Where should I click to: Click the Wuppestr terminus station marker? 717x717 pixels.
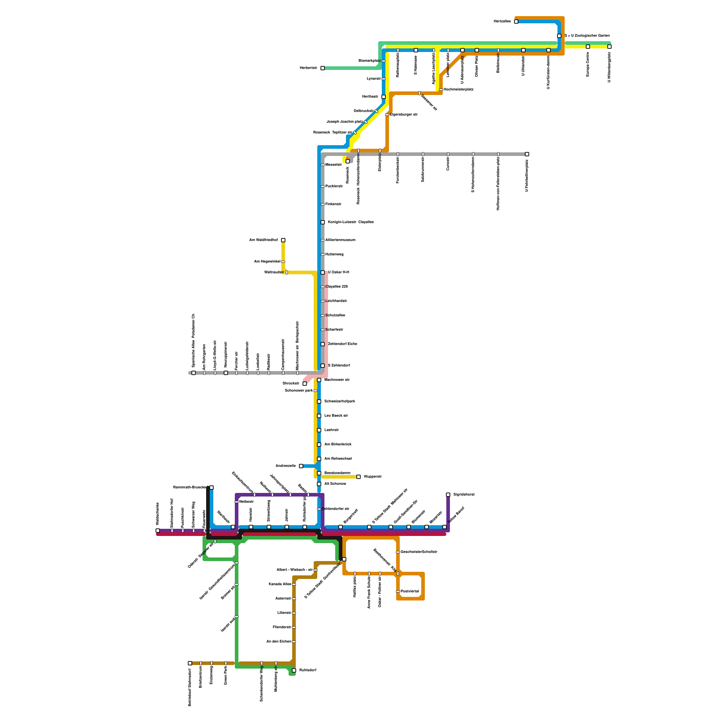click(358, 477)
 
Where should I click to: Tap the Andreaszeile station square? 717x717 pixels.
click(301, 466)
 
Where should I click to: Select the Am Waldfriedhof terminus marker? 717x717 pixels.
click(283, 240)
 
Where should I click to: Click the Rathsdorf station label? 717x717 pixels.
click(308, 670)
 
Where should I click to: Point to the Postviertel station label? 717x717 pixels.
click(410, 592)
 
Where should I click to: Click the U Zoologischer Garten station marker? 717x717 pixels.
click(559, 36)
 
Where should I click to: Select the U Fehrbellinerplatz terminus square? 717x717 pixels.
click(527, 154)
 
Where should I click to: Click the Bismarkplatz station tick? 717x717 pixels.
click(384, 61)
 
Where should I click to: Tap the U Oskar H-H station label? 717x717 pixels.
click(338, 272)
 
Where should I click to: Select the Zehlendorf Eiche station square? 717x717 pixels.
click(323, 344)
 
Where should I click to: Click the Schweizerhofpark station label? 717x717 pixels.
click(339, 402)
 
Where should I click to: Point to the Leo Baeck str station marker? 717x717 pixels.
click(319, 416)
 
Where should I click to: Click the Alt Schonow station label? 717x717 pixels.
click(335, 484)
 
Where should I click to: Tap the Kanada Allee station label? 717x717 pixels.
click(280, 584)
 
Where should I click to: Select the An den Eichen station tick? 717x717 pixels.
click(294, 642)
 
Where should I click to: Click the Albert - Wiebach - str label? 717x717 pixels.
click(294, 570)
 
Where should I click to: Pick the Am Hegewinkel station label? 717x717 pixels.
click(267, 262)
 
